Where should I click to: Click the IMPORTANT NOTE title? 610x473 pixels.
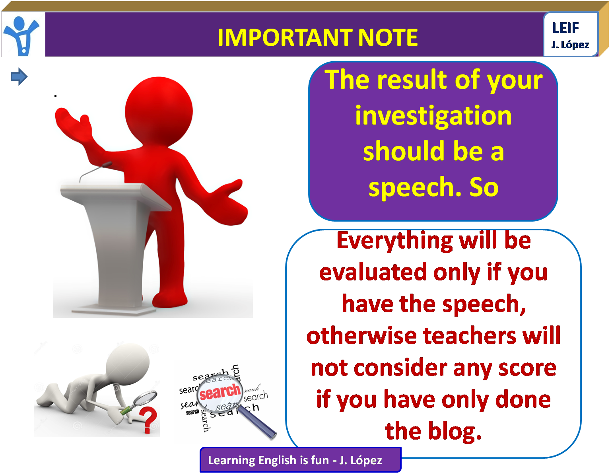point(317,37)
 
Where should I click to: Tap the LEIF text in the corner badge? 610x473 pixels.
point(565,28)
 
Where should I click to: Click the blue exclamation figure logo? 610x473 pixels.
point(23,35)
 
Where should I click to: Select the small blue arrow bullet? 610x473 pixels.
point(19,76)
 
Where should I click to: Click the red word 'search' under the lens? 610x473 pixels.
point(220,392)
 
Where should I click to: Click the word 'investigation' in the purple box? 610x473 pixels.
point(433,116)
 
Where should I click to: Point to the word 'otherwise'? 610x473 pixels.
point(361,336)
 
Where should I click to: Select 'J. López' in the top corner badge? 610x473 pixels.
point(570,45)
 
